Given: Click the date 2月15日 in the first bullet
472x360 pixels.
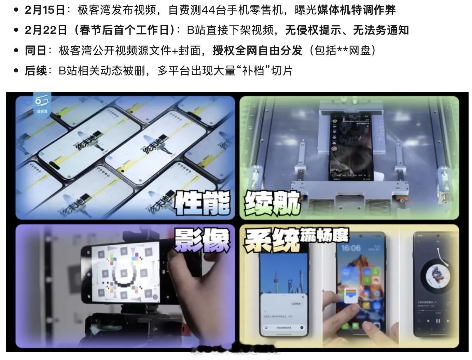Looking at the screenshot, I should point(44,10).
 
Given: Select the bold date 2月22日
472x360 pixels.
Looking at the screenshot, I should point(46,30).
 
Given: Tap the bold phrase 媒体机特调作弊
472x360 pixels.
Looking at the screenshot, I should point(356,10).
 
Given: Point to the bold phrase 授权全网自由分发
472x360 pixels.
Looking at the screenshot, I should point(258,51).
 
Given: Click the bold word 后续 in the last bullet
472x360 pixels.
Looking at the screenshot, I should point(36,71).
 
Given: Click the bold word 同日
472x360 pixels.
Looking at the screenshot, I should point(36,51).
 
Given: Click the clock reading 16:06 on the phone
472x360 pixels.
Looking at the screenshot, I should point(350,247).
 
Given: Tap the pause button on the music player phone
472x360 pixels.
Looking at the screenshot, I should point(438,321).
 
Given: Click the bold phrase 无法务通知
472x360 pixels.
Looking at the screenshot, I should point(381,30).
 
